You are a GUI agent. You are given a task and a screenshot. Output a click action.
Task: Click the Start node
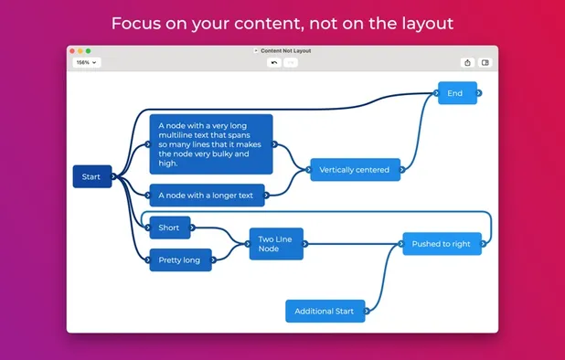click(x=91, y=176)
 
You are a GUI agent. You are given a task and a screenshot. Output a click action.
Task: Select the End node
click(x=456, y=92)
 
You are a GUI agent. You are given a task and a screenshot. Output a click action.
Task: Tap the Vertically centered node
click(x=354, y=169)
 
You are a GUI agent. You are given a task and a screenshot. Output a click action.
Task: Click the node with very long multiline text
click(x=210, y=144)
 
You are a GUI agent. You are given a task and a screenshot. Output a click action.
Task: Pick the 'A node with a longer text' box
click(x=206, y=195)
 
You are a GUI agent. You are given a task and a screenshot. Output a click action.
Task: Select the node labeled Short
click(x=169, y=228)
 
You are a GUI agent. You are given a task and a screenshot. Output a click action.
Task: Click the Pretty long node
click(x=179, y=260)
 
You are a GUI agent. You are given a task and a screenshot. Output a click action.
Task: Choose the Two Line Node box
click(x=275, y=244)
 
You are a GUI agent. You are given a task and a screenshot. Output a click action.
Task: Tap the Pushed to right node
click(x=441, y=244)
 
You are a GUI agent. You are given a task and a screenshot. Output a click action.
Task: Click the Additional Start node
click(x=325, y=311)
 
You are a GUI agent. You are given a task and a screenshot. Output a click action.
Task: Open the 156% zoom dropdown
click(x=86, y=63)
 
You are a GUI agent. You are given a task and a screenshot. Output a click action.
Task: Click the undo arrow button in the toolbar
click(x=272, y=63)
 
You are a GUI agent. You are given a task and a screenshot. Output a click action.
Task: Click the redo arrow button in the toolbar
click(x=290, y=63)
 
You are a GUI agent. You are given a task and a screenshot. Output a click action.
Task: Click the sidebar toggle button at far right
click(x=485, y=63)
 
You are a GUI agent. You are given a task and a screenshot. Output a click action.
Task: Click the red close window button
click(x=74, y=51)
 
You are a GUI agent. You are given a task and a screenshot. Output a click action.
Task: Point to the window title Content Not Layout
click(x=285, y=51)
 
